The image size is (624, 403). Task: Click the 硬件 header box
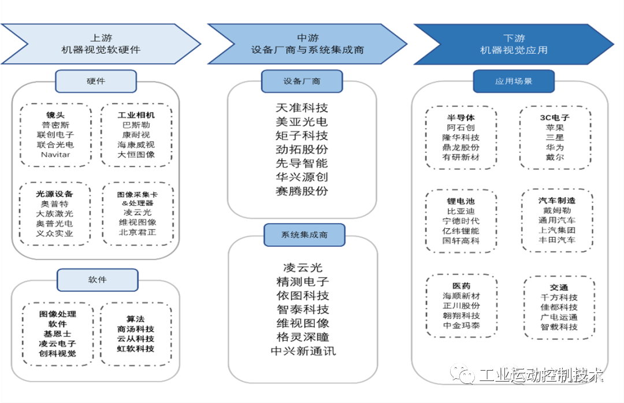point(96,81)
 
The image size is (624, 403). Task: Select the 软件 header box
point(97,280)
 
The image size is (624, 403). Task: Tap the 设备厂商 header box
point(302,82)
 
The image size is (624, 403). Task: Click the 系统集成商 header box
point(304,235)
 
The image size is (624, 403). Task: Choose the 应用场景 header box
point(513,82)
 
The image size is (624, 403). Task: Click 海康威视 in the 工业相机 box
point(136,145)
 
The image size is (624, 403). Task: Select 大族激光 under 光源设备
point(55,213)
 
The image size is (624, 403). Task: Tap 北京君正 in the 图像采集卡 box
point(137,232)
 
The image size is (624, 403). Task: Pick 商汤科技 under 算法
point(135,329)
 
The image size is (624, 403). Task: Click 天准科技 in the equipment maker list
point(302,108)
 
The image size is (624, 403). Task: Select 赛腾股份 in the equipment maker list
point(302,191)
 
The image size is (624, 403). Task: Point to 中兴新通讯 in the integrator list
point(303,351)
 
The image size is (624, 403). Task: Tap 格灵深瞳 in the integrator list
point(303,337)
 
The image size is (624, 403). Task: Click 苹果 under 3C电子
point(555,128)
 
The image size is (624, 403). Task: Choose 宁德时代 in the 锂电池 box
point(460,221)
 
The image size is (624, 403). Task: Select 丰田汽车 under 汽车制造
point(556,239)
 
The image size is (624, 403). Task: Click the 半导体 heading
point(460,117)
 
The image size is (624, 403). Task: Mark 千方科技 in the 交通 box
point(558,297)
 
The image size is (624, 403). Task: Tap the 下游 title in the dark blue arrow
point(514,38)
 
